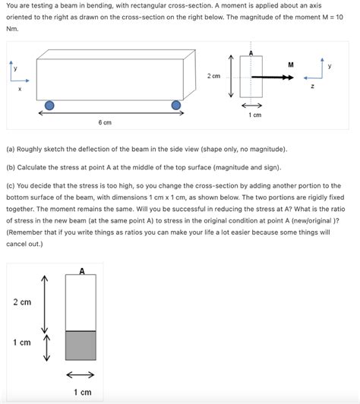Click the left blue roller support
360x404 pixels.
pos(49,106)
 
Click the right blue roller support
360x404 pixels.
pos(176,106)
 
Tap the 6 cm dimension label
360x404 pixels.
pos(105,122)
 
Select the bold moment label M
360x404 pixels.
pos(291,65)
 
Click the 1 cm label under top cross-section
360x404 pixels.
pos(255,115)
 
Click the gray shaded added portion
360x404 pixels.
pos(81,346)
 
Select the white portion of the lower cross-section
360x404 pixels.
pos(81,302)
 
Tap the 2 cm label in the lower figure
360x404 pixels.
pos(22,302)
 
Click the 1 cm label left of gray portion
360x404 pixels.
pos(22,342)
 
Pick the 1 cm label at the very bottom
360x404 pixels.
pos(81,392)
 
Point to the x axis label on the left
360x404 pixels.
pos(20,90)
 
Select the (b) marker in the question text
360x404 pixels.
pos(11,166)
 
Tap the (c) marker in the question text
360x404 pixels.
pos(11,185)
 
